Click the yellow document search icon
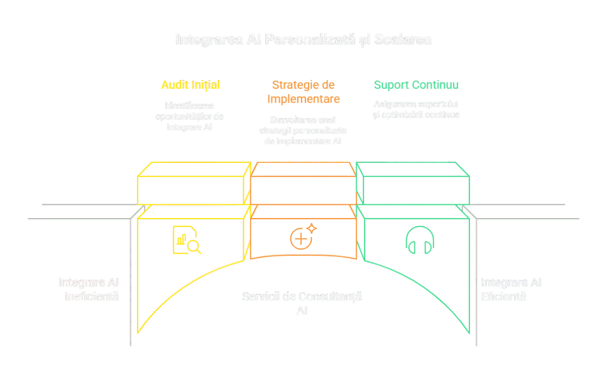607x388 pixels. pyautogui.click(x=186, y=240)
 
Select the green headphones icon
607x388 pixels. pyautogui.click(x=420, y=241)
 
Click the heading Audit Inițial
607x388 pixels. pyautogui.click(x=190, y=85)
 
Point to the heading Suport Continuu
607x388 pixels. pyautogui.click(x=416, y=85)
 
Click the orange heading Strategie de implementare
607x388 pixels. pyautogui.click(x=303, y=91)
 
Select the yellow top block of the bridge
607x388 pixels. pyautogui.click(x=193, y=184)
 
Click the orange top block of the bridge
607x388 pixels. pyautogui.click(x=303, y=184)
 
